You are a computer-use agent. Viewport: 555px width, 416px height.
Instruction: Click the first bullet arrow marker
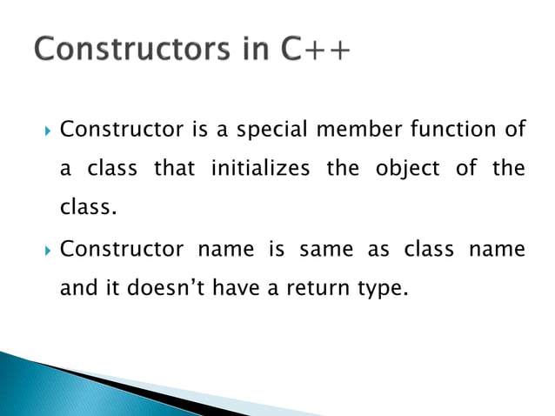click(44, 132)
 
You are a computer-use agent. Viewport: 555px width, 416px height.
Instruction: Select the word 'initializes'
click(260, 169)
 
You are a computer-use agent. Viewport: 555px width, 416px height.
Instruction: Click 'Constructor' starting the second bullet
click(121, 251)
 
